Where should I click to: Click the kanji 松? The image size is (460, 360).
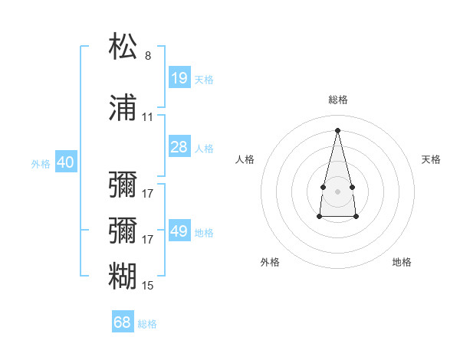point(123,47)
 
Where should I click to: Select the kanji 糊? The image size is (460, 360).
point(123,275)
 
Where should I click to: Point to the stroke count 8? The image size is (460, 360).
point(148,56)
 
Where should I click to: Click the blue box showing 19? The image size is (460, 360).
point(179,78)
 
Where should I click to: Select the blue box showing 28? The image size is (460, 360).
point(179,147)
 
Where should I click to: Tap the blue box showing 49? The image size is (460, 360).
point(179,231)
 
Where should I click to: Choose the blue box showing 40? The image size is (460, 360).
point(65,162)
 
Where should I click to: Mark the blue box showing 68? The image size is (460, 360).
point(123,322)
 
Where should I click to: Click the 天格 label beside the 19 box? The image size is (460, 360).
point(204,80)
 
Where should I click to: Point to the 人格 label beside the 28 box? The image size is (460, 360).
point(204,149)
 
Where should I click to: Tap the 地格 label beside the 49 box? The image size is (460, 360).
point(204,233)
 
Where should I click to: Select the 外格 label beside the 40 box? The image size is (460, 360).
point(41,164)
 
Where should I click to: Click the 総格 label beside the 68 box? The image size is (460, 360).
point(147,324)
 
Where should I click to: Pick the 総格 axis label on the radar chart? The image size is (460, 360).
point(338,100)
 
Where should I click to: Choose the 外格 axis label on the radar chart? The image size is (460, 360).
point(270,262)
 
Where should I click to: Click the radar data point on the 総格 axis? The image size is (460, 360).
point(337,129)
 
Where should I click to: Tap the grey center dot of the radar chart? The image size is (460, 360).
point(337,191)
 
